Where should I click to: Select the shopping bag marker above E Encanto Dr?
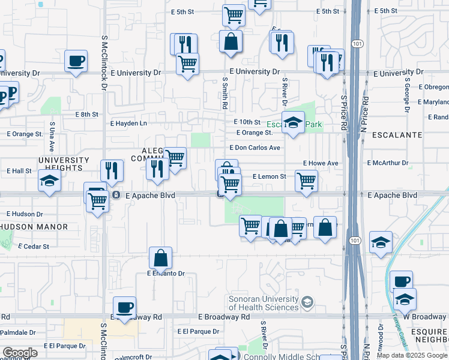click(160, 258)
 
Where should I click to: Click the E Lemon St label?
click(270, 177)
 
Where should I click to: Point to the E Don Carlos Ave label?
click(255, 148)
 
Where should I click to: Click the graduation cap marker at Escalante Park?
click(293, 122)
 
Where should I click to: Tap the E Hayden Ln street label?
click(128, 123)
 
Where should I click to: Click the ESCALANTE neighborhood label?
click(397, 135)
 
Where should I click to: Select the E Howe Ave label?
click(321, 163)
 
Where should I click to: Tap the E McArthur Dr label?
click(388, 163)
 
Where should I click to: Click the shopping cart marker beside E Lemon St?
click(306, 179)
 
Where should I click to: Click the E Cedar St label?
click(34, 246)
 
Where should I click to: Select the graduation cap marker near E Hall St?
click(49, 181)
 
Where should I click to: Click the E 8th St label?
click(86, 114)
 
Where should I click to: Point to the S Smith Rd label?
click(224, 93)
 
